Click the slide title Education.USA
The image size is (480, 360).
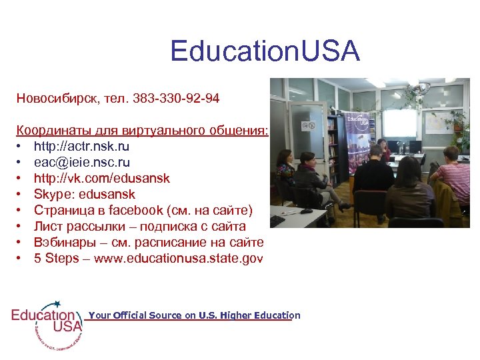coord(265,51)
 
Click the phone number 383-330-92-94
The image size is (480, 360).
coord(176,99)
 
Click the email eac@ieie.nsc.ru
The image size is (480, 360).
coord(82,162)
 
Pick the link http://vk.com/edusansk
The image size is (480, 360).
coord(101,178)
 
